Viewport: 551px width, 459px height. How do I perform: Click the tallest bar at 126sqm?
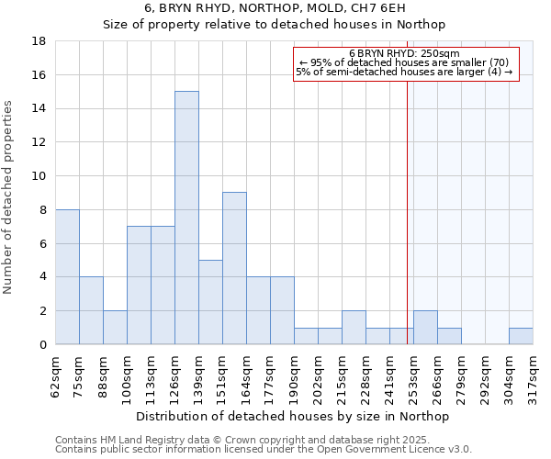186,218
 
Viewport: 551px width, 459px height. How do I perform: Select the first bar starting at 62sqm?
67,276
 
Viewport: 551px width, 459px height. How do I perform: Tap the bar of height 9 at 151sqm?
234,268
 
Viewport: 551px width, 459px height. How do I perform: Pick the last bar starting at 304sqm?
521,336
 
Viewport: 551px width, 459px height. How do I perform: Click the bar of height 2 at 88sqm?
115,328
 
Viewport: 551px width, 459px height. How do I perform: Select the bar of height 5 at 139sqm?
210,302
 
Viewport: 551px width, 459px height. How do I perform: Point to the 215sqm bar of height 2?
354,328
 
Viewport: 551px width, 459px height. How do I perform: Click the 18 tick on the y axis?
39,41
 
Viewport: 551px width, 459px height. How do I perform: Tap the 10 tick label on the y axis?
39,176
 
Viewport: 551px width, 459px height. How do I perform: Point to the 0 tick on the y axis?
42,344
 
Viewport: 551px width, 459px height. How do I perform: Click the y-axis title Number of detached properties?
9,197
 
